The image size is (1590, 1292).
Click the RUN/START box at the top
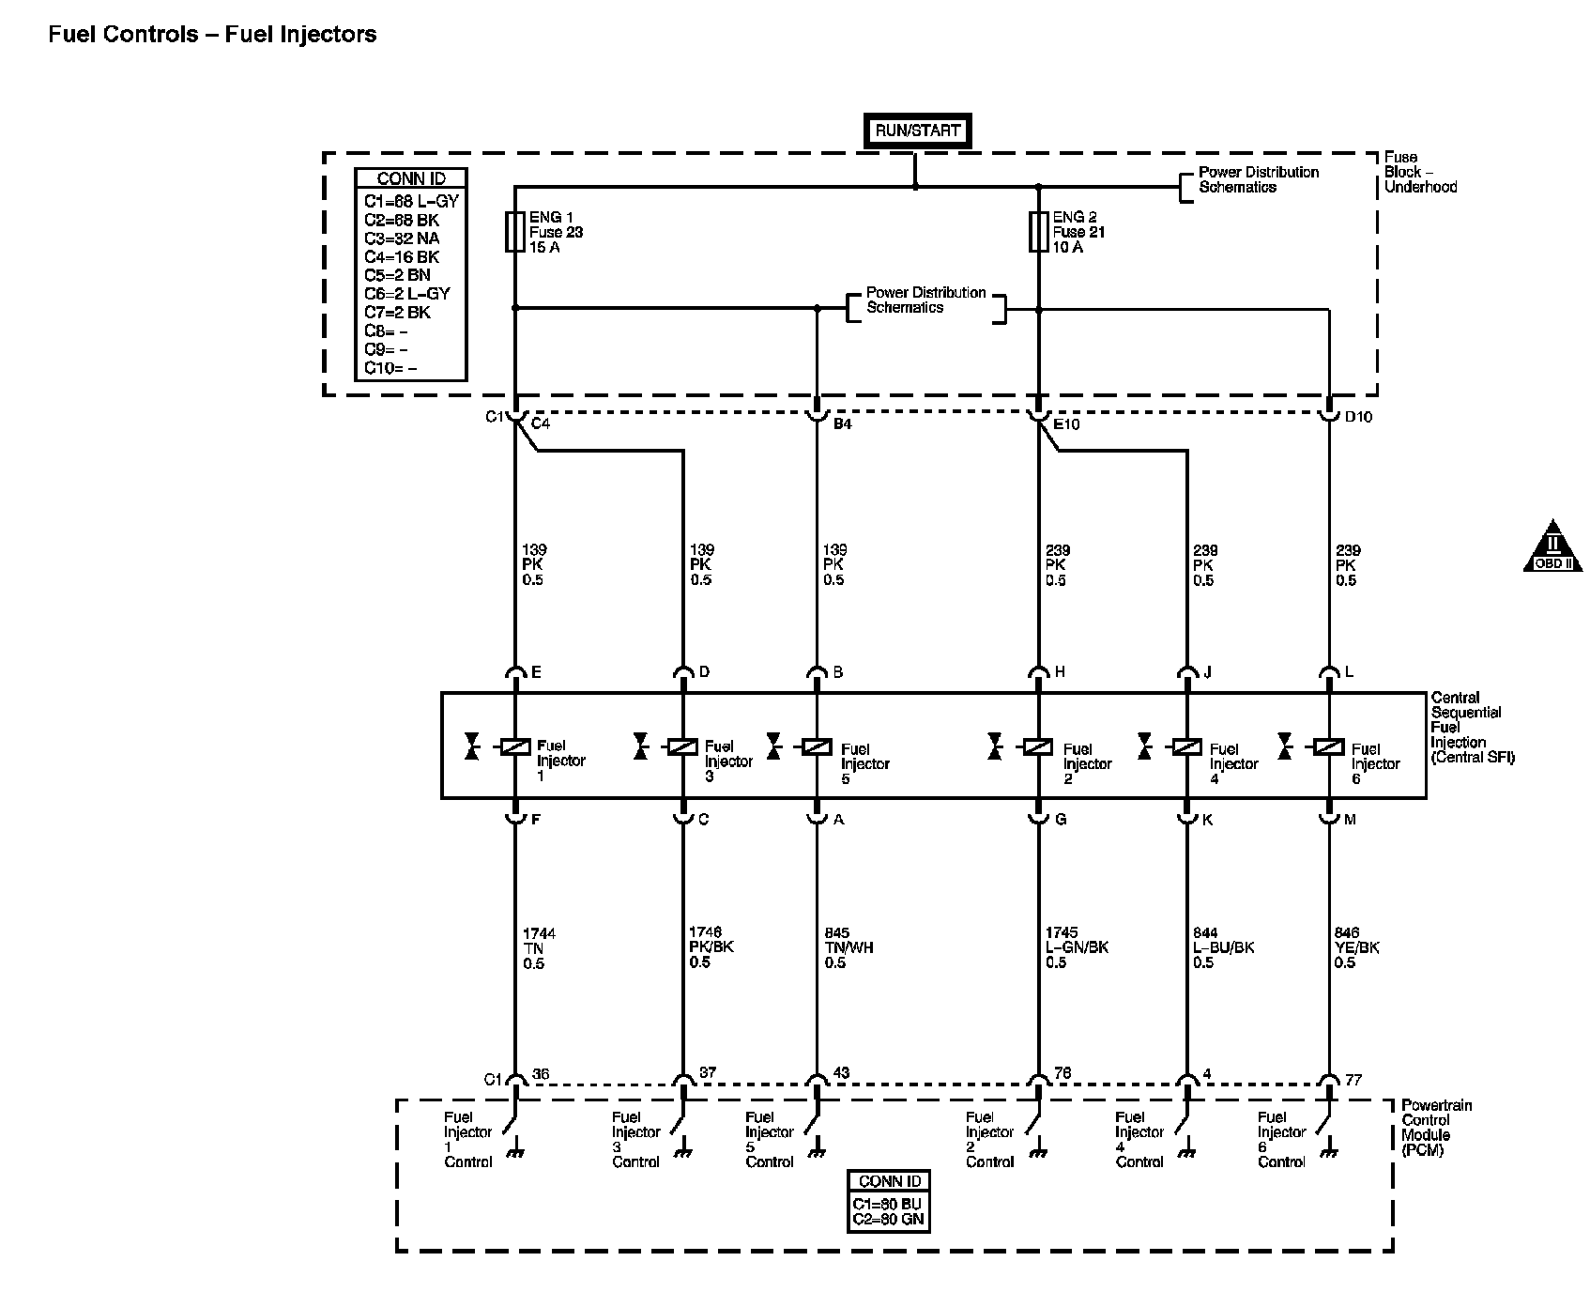tap(917, 131)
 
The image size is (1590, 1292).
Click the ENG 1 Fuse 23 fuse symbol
tap(514, 232)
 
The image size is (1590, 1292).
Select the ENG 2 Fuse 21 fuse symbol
tap(1038, 232)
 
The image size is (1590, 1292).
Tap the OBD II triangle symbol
tap(1552, 546)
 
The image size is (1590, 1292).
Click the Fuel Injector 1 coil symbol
tap(515, 746)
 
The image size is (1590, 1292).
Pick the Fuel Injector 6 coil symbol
tap(1329, 746)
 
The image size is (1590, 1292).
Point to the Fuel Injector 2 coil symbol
tap(1038, 746)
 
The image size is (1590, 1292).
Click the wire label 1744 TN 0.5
tap(539, 948)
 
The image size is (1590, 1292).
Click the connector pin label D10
tap(1358, 417)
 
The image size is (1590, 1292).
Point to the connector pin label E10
tap(1067, 424)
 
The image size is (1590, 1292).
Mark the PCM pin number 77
tap(1353, 1080)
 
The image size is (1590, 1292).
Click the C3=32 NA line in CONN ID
tap(402, 238)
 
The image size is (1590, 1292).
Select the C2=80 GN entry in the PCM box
tap(889, 1221)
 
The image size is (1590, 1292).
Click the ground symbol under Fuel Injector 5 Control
tap(817, 1151)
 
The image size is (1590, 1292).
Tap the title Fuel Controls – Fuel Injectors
tap(212, 35)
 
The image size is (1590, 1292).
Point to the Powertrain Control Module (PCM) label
tap(1436, 1128)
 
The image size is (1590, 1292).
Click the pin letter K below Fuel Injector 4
tap(1207, 820)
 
